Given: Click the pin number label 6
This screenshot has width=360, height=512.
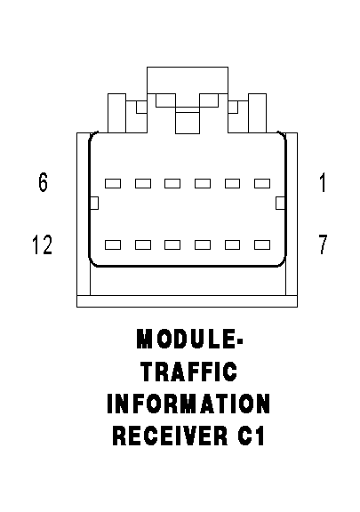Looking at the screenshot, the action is point(44,182).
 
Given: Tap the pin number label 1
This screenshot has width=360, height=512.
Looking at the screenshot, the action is point(323,183).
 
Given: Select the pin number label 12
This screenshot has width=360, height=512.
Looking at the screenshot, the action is point(42,244).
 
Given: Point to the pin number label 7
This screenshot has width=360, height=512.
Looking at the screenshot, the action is point(323,244).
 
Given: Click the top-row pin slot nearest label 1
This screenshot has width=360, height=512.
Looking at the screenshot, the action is point(262,183).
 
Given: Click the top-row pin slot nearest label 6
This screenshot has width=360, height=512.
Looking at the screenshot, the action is point(113,183).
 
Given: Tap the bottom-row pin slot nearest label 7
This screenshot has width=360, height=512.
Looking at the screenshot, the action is point(262,245).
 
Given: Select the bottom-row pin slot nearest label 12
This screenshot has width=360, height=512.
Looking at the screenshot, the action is point(113,245).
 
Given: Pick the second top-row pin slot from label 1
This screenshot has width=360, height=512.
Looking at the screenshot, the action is point(232,183).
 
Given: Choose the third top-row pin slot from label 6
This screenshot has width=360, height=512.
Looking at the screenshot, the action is point(172,183).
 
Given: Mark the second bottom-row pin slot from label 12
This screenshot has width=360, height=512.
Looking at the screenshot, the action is point(143,245).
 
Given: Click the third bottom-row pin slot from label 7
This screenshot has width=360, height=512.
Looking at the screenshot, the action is point(203,245).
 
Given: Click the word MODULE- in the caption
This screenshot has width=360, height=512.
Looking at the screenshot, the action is point(189,339).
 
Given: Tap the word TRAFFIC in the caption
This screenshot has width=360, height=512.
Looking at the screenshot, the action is point(189,372).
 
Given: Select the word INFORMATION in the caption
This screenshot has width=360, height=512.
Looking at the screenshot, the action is point(188,404).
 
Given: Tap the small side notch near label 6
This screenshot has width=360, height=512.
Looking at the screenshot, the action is point(94,203).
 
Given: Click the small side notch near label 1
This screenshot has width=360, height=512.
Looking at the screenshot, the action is point(280,203).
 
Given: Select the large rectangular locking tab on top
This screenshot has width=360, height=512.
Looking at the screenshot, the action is point(188,80).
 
